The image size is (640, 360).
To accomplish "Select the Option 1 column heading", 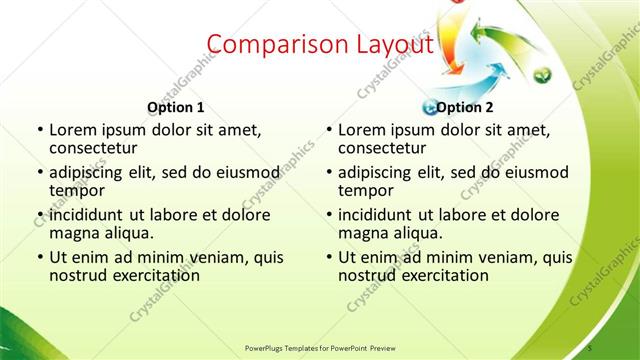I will [x=176, y=107].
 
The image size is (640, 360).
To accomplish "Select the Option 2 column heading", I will [x=465, y=107].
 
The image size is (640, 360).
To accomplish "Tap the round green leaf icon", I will [x=541, y=73].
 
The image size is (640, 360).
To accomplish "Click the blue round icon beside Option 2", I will [x=430, y=107].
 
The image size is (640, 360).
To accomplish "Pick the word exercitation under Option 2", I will [x=443, y=274].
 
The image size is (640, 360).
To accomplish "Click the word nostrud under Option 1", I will [x=78, y=274].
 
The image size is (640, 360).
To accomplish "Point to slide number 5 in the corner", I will [x=590, y=346].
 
